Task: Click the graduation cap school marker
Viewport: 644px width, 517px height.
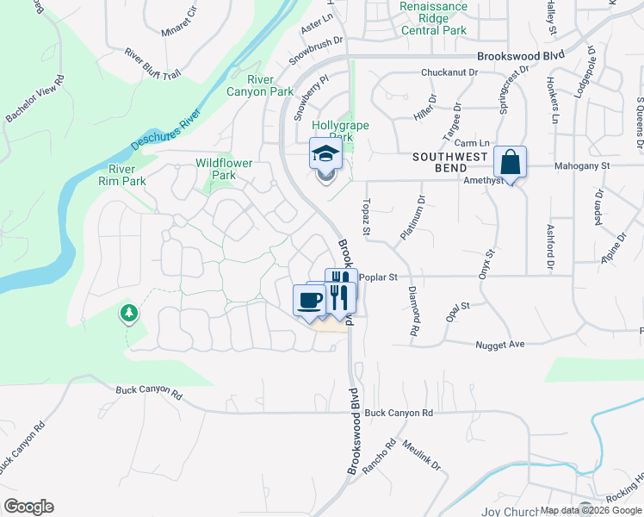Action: pyautogui.click(x=325, y=155)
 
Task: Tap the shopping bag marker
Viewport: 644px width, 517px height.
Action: pyautogui.click(x=510, y=162)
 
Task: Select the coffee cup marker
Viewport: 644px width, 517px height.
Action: pyautogui.click(x=309, y=301)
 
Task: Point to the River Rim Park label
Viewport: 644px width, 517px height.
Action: pyautogui.click(x=121, y=175)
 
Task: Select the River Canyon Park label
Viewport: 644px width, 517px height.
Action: pyautogui.click(x=260, y=85)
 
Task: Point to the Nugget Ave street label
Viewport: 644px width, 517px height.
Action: pyautogui.click(x=500, y=345)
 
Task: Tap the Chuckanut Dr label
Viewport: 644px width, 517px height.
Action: pyautogui.click(x=449, y=73)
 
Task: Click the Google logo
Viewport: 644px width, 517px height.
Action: pyautogui.click(x=28, y=507)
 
